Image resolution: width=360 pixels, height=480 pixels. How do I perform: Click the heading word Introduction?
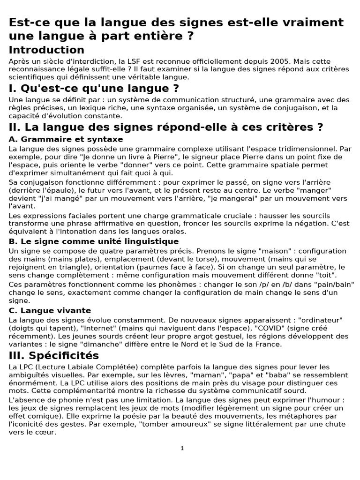[x=46, y=50]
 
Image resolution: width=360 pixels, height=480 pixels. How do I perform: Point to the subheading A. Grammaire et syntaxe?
[x=66, y=139]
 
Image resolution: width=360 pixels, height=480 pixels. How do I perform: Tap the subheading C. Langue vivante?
[x=50, y=311]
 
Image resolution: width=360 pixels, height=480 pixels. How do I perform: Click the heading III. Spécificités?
[x=54, y=355]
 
